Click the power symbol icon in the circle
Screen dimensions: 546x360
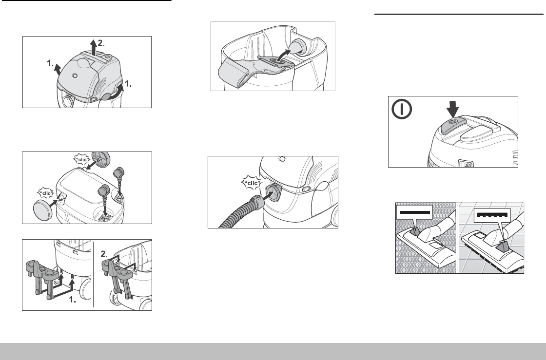[x=402, y=110]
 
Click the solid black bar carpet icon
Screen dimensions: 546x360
[x=414, y=212]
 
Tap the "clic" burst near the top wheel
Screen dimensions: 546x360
[x=82, y=160]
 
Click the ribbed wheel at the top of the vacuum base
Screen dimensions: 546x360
[x=100, y=159]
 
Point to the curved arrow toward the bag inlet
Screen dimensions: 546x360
[x=283, y=55]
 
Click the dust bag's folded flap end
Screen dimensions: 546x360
[x=232, y=73]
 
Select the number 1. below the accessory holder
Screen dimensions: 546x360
[x=73, y=300]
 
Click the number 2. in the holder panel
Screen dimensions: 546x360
[x=105, y=254]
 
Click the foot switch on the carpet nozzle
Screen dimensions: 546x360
[x=414, y=231]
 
